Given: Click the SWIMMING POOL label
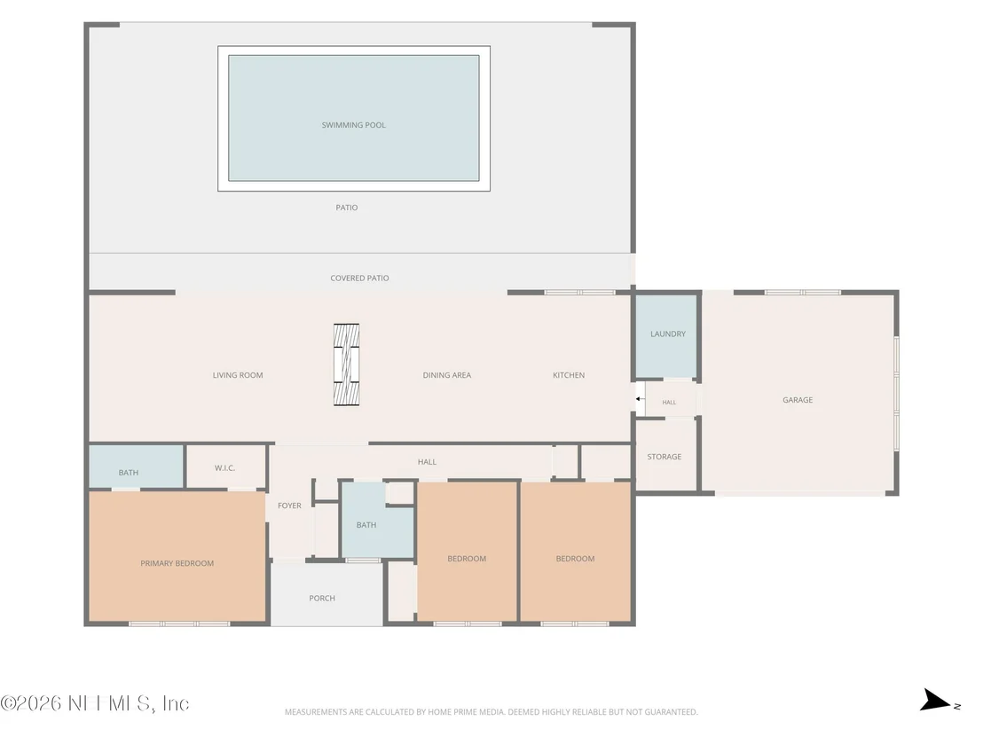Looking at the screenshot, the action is (354, 125).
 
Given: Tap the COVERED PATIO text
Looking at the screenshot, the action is (359, 278).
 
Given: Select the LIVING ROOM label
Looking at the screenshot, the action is (238, 375).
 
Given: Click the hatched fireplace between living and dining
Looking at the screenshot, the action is (346, 365).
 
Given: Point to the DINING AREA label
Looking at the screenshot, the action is (446, 375).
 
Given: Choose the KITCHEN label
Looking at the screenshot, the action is (569, 375).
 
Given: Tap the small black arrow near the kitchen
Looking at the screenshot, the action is (638, 398).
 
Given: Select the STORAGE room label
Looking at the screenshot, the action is (664, 457).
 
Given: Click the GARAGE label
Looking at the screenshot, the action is (798, 400).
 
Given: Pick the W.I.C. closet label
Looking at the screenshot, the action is (224, 468).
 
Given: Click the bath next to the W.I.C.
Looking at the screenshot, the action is (136, 467).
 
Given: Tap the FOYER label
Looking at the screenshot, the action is (289, 506).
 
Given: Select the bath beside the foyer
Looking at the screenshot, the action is (377, 520).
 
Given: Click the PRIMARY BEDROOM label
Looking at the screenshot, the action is (177, 563).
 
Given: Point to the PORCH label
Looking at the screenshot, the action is (322, 599).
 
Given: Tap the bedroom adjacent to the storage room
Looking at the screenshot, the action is (575, 553).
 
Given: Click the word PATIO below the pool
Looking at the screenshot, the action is (347, 208).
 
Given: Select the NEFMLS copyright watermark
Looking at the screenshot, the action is (95, 703).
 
